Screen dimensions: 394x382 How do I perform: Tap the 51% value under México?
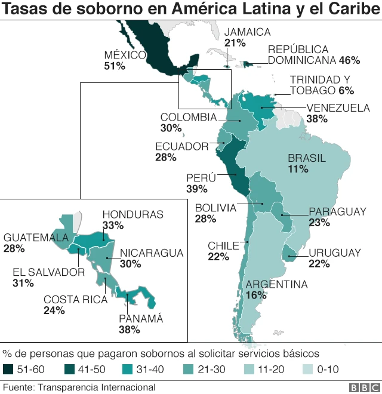point(114,67)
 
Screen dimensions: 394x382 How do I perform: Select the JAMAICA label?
point(247,32)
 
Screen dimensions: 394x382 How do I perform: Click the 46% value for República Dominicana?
point(349,60)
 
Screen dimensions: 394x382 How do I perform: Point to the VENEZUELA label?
point(338,108)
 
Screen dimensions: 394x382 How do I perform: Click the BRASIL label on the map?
point(307,158)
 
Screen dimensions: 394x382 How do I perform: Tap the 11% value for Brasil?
point(297,170)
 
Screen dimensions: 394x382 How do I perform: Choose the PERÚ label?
point(197,178)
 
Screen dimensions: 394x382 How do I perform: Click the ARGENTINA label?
point(276,284)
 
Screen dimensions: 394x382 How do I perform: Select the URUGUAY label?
point(335,253)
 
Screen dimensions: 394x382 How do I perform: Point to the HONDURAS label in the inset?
point(133,214)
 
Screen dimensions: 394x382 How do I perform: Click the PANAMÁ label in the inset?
point(140,319)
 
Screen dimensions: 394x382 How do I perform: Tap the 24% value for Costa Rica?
point(54,310)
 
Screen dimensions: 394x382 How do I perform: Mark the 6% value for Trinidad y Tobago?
point(346,91)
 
